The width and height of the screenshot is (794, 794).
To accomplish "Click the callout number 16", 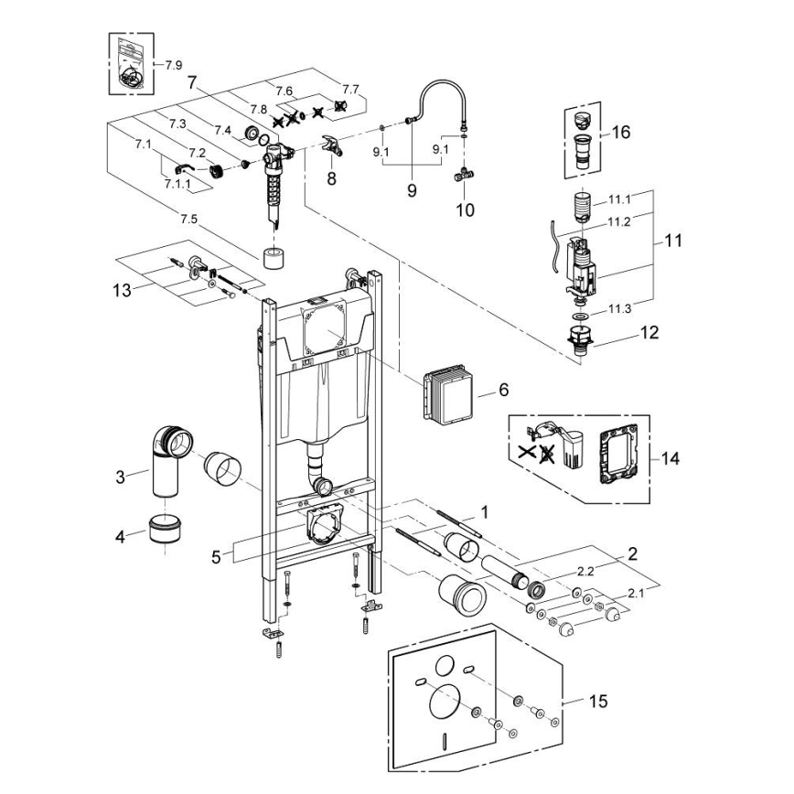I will (621, 133).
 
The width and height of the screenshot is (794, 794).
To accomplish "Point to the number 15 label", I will (597, 702).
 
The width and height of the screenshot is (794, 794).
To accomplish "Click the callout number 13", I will (121, 289).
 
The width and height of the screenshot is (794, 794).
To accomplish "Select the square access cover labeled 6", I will (446, 392).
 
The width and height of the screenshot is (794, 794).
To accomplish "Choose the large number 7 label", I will (192, 81).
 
